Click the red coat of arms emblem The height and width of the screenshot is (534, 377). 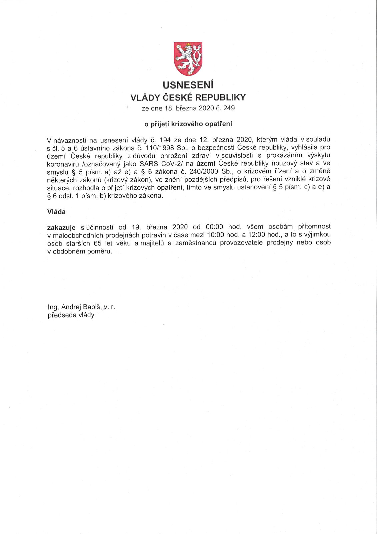coord(188,58)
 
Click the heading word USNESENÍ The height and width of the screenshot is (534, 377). coord(188,85)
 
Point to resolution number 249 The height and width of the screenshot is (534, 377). coord(229,108)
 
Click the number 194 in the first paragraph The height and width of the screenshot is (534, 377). coord(165,139)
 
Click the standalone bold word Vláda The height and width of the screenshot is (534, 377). coord(56,212)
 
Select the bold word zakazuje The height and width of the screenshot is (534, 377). coord(61,227)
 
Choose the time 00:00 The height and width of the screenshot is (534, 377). coord(214,227)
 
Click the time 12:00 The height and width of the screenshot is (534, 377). coord(257,235)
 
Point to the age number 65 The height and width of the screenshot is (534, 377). coord(98,243)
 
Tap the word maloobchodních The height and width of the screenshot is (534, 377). coord(79,235)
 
